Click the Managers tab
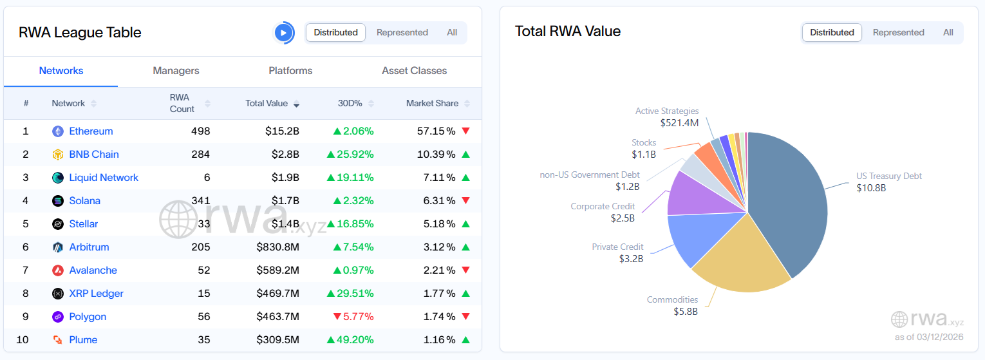point(176,71)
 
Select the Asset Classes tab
point(414,71)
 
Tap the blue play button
point(283,33)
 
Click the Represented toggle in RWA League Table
point(402,33)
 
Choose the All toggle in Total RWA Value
point(948,33)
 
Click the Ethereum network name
point(91,131)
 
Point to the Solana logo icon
point(58,201)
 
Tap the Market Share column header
point(432,104)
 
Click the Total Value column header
point(267,104)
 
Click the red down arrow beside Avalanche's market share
point(466,270)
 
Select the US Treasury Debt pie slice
point(789,200)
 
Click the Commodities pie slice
point(740,258)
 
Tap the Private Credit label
point(617,247)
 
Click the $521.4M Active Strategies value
point(679,122)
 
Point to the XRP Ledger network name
point(96,294)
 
